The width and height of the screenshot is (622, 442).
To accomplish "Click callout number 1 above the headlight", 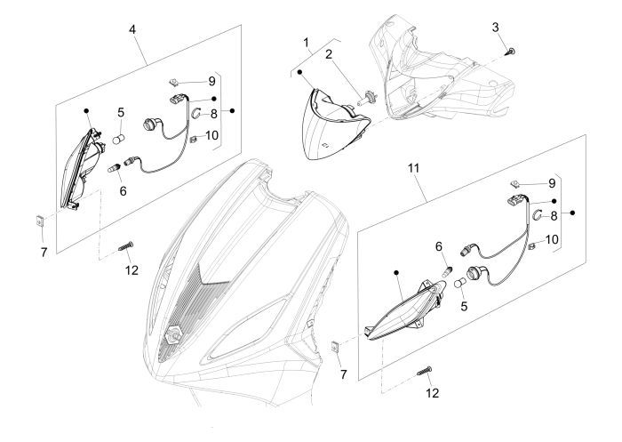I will pyautogui.click(x=306, y=42).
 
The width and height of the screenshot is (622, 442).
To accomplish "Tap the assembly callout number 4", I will pyautogui.click(x=132, y=29).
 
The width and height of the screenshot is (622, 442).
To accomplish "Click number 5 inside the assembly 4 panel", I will pyautogui.click(x=121, y=113).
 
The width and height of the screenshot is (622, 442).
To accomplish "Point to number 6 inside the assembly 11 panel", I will pyautogui.click(x=439, y=245).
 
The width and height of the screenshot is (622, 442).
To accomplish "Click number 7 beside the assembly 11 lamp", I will pyautogui.click(x=345, y=363).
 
